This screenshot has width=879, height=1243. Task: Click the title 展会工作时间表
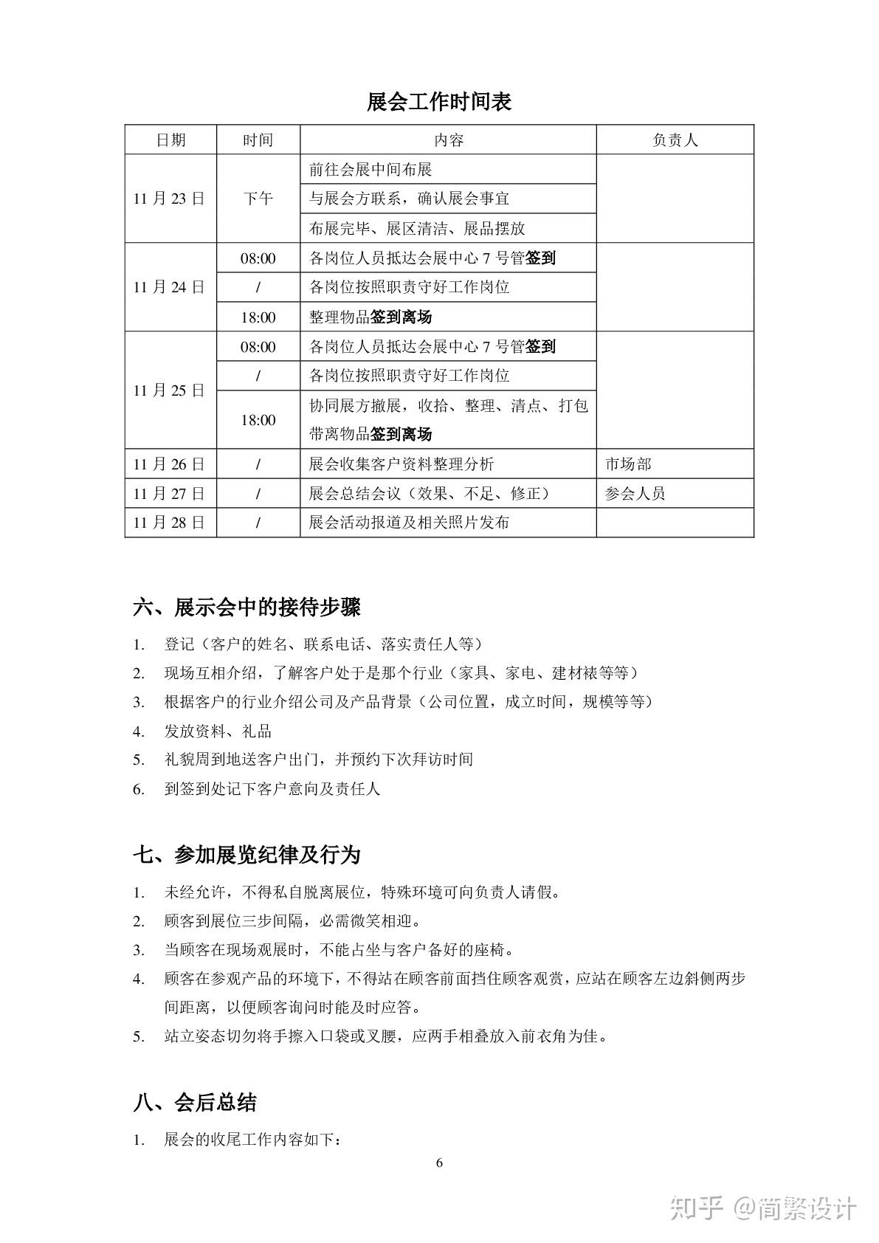click(x=439, y=102)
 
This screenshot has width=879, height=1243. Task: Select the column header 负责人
click(x=675, y=140)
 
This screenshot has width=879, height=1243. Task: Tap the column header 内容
click(x=448, y=140)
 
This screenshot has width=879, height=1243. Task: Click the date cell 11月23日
click(x=170, y=199)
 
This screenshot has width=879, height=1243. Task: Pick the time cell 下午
click(x=258, y=199)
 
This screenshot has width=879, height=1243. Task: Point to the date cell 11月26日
click(x=170, y=464)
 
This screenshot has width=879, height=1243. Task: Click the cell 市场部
click(x=628, y=464)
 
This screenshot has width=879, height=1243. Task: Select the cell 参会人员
click(x=635, y=493)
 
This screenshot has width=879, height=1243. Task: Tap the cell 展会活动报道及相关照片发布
click(x=409, y=523)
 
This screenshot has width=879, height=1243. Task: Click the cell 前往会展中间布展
click(x=370, y=169)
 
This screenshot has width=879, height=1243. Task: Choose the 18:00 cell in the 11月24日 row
click(x=258, y=317)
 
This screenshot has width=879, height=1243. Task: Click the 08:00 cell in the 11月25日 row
click(x=258, y=347)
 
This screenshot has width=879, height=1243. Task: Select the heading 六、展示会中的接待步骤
click(x=247, y=607)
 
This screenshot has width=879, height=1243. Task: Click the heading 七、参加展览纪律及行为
click(x=247, y=855)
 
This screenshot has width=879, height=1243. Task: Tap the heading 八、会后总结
click(x=195, y=1103)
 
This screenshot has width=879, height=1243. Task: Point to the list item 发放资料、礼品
click(x=218, y=731)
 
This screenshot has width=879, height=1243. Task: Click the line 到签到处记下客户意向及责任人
click(x=272, y=789)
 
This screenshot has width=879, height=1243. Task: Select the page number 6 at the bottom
click(x=439, y=1164)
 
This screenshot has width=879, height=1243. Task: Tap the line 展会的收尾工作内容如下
click(x=252, y=1140)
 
